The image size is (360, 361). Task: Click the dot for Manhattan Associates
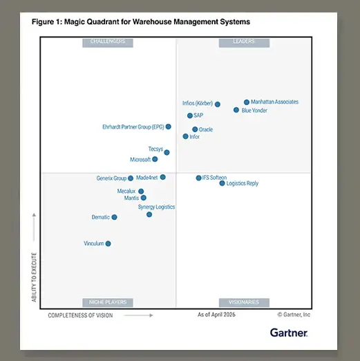tap(247, 102)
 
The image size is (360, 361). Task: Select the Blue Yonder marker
tap(236, 110)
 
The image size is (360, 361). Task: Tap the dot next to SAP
tap(190, 115)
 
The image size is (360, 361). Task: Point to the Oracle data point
tap(195, 129)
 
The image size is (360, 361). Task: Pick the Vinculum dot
tap(108, 243)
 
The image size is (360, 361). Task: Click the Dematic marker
tap(114, 217)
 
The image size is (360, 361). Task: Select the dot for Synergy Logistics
tap(149, 214)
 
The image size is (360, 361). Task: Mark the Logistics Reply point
tap(222, 183)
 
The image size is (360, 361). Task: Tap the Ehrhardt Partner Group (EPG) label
tap(133, 127)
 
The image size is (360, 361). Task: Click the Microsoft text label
tap(140, 160)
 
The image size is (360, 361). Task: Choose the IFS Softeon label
tap(214, 178)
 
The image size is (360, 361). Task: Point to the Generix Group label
tap(111, 178)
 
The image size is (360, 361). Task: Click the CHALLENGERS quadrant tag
tap(108, 43)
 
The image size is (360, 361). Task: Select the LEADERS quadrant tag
tap(244, 43)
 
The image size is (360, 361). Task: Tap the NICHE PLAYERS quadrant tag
tap(108, 302)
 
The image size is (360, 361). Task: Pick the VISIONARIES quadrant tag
tap(244, 302)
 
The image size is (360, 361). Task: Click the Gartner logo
tap(289, 333)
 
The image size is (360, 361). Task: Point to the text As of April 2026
tap(216, 315)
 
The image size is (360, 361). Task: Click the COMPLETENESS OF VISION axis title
tap(80, 315)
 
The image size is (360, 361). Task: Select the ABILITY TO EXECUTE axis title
tap(34, 277)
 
